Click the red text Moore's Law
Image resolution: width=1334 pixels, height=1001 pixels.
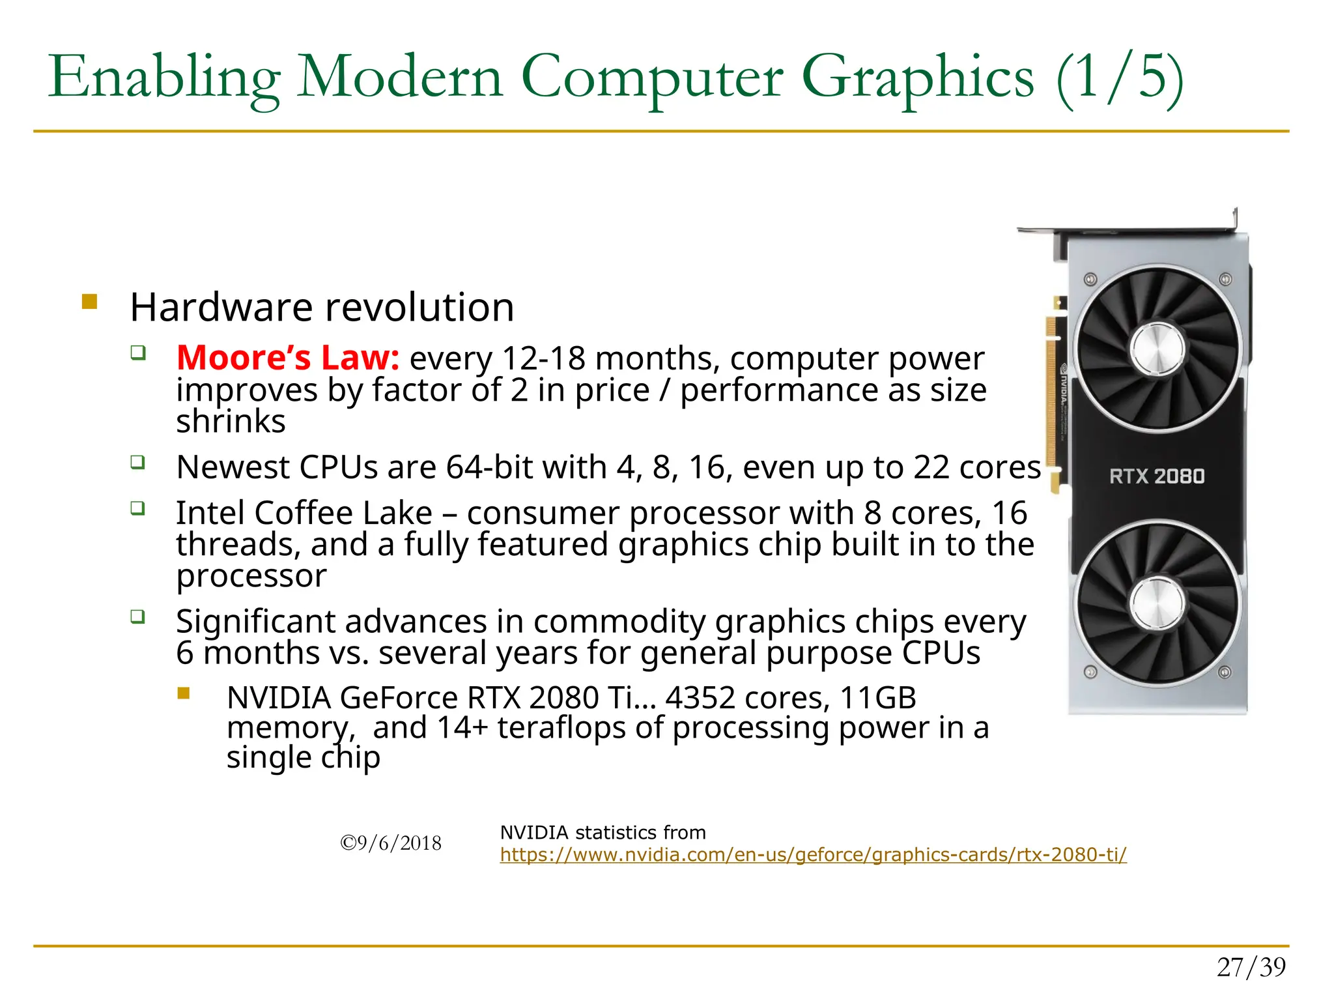point(287,358)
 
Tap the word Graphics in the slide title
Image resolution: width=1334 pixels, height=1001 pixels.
point(918,78)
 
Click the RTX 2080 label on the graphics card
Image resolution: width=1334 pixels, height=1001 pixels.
point(1157,476)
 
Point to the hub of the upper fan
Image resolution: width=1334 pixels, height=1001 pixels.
point(1157,349)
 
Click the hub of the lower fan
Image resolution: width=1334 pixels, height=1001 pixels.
point(1157,602)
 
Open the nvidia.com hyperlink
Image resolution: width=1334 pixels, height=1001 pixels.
point(813,854)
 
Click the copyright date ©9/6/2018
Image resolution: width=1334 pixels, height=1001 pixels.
point(391,843)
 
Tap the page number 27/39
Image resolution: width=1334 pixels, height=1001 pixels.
point(1251,967)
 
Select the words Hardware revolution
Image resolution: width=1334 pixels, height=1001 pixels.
point(322,307)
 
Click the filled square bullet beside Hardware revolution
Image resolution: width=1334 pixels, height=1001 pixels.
point(89,302)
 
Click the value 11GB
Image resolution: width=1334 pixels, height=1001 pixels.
point(877,698)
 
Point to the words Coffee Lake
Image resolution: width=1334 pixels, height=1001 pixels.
point(343,513)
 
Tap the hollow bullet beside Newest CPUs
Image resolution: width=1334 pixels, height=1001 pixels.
point(137,463)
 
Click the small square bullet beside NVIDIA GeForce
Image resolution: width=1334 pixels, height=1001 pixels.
point(184,693)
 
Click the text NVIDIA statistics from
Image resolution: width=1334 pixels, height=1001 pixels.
point(603,832)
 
